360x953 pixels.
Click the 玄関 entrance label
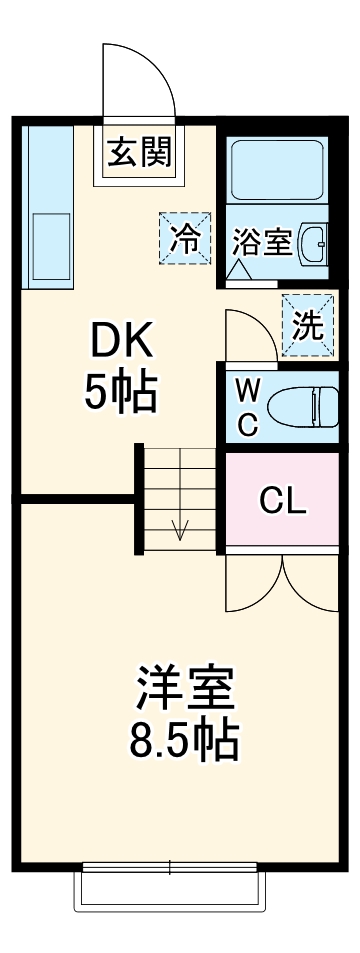click(x=139, y=152)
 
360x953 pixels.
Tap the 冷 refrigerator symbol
click(x=184, y=238)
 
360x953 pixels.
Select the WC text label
click(x=248, y=406)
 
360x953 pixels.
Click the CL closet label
click(x=283, y=500)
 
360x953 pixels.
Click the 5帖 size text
click(x=120, y=393)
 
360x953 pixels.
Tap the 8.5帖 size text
click(x=184, y=741)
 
